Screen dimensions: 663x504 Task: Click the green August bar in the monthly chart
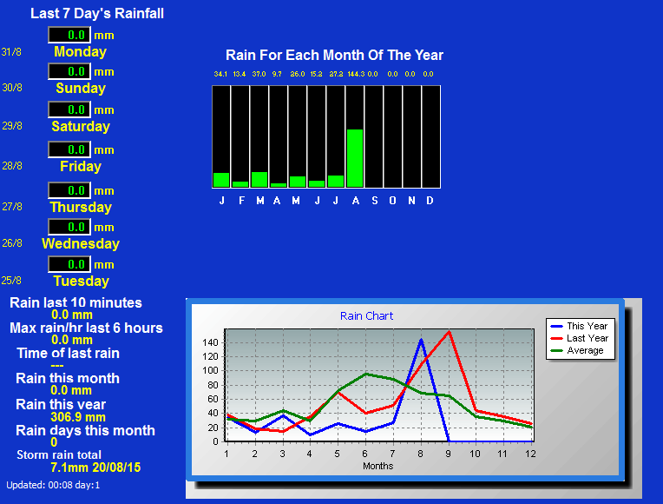pos(355,158)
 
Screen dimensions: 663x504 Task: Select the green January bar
pos(221,180)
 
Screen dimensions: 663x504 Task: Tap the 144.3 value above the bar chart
pos(356,74)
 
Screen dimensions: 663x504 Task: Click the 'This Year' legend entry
pos(580,326)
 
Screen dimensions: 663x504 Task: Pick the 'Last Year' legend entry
pos(580,338)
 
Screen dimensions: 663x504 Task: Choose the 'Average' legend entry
pos(577,351)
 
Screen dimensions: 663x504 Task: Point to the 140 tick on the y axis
pos(210,342)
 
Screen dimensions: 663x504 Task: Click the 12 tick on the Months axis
pos(530,454)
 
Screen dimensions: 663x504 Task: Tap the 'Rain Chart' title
pos(366,316)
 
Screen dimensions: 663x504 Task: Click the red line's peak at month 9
pos(449,332)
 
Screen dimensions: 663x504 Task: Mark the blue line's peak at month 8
pos(421,340)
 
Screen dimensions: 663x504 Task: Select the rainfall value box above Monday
pos(69,35)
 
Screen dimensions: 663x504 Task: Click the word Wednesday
pos(81,243)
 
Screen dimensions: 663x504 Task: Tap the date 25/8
pos(11,281)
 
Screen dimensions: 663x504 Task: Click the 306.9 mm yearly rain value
pos(78,417)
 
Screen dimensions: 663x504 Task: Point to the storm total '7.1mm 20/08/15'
pos(95,468)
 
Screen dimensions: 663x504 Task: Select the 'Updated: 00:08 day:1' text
pos(53,485)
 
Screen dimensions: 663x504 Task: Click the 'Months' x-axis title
pos(378,466)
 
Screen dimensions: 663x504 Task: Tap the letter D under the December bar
pos(430,201)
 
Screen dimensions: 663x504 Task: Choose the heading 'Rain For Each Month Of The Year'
pos(334,55)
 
